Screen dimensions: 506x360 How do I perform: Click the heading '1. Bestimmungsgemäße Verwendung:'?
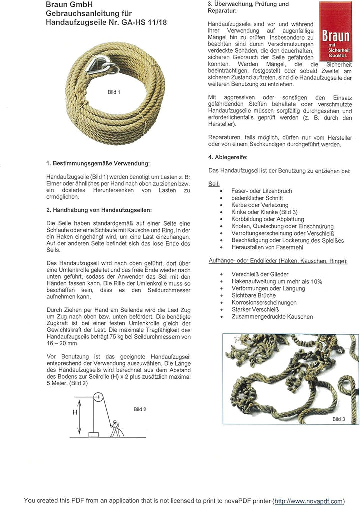tap(98, 163)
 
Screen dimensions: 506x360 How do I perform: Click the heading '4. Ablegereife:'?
tap(228, 157)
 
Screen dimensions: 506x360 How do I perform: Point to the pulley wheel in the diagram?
tap(98, 398)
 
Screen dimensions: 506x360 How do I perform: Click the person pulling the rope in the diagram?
tap(115, 428)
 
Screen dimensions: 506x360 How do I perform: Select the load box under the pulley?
tap(93, 434)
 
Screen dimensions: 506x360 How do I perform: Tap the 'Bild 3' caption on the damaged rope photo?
tap(339, 419)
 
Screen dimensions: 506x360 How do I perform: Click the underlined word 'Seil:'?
tap(214, 184)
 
